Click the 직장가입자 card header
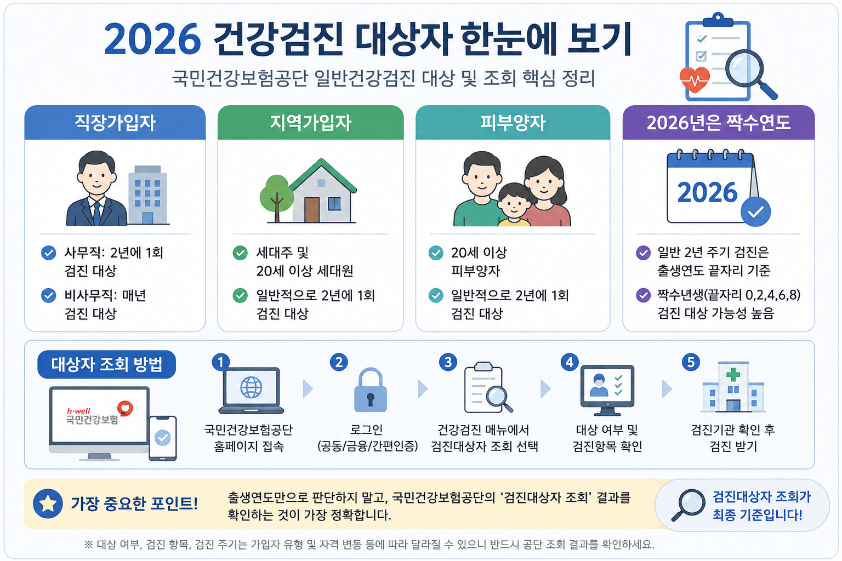115,123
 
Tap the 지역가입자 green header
310,123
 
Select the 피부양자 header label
513,123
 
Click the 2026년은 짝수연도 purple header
718,123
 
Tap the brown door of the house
311,210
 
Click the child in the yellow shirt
514,205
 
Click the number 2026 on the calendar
707,192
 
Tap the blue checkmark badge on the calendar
755,211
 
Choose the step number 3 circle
448,362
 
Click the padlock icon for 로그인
370,390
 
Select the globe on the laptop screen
251,387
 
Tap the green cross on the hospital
733,374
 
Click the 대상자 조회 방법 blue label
107,364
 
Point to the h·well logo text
78,411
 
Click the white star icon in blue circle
48,503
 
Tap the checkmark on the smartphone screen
163,437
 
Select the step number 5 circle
691,362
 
